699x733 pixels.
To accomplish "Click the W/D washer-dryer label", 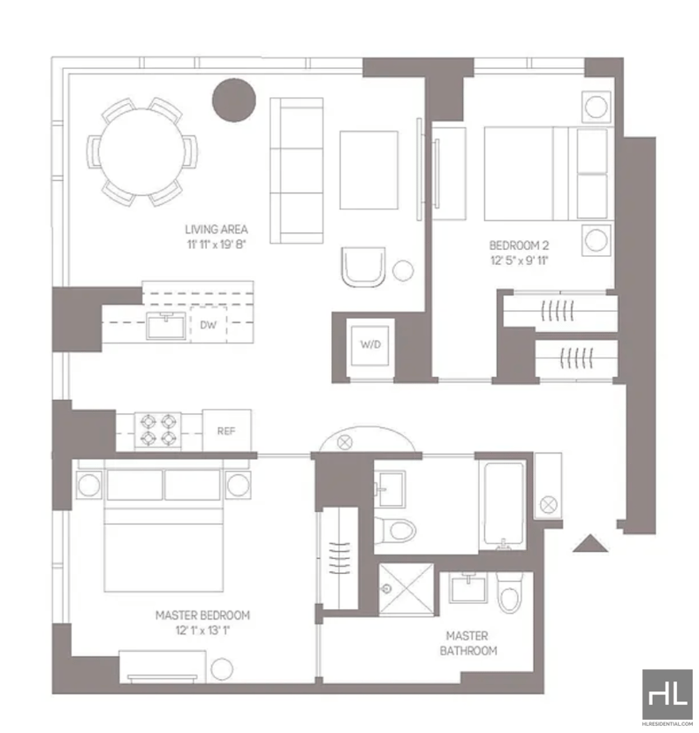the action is point(370,344).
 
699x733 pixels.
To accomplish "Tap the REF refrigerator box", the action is point(227,431).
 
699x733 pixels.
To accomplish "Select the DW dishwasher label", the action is point(208,325).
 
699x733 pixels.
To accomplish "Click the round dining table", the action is point(142,152).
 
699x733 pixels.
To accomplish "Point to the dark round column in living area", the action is point(234,100).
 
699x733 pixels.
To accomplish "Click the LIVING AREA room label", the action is point(217,230).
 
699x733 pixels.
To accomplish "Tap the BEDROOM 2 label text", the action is point(519,245).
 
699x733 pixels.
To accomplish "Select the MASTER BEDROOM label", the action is point(203,615).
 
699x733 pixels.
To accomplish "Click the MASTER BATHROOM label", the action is point(468,643).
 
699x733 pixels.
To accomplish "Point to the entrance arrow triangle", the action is point(590,543).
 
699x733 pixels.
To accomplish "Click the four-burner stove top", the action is point(158,431).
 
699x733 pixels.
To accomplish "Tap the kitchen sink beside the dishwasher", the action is point(166,325).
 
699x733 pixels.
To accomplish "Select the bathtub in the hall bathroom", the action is point(503,504).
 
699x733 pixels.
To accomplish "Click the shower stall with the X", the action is point(405,589).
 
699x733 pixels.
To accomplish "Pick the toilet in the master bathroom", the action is point(509,592).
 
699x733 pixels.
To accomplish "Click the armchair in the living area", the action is point(363,266).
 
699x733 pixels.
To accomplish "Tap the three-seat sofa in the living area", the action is point(296,170).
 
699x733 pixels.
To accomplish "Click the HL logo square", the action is point(668,695).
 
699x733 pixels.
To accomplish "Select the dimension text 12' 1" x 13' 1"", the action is point(203,631).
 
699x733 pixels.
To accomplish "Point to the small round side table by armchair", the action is point(403,270).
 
